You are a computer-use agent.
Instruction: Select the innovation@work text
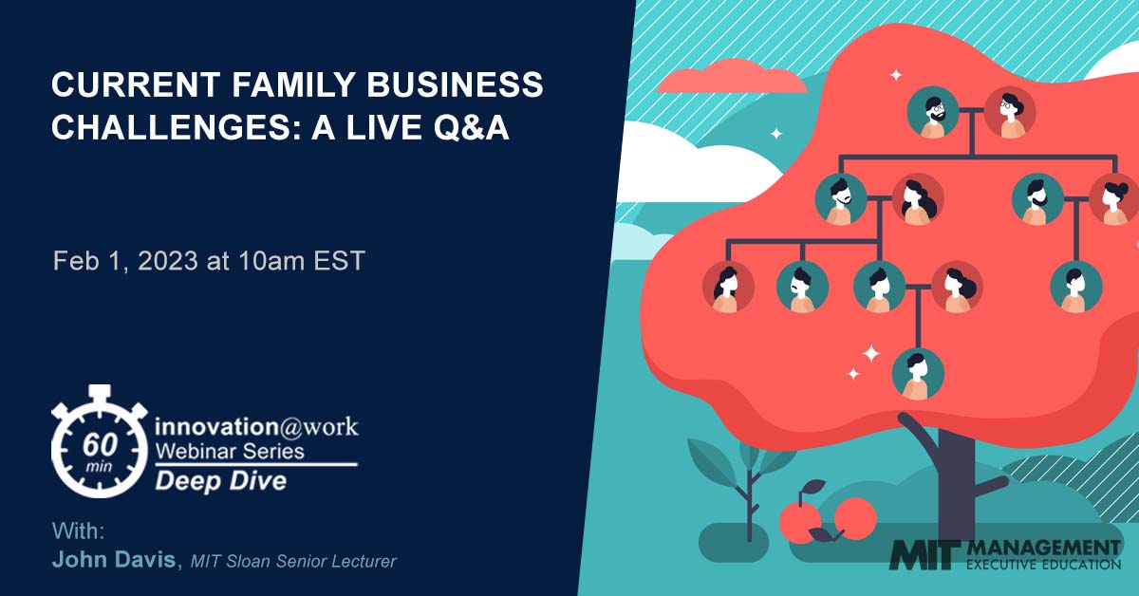pos(255,426)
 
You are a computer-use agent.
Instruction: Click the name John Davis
pos(114,560)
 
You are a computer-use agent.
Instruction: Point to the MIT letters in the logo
pos(924,555)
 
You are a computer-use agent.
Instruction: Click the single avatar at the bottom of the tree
pos(918,373)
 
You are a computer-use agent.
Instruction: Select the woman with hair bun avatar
pos(1114,200)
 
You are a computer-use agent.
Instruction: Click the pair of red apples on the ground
pos(828,519)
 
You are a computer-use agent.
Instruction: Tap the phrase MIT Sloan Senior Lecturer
pos(292,561)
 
